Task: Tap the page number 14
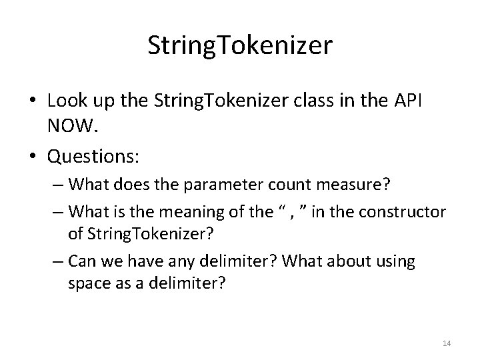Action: click(x=447, y=343)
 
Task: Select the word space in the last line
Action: click(x=87, y=282)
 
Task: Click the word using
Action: click(x=395, y=261)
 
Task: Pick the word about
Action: click(x=348, y=261)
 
